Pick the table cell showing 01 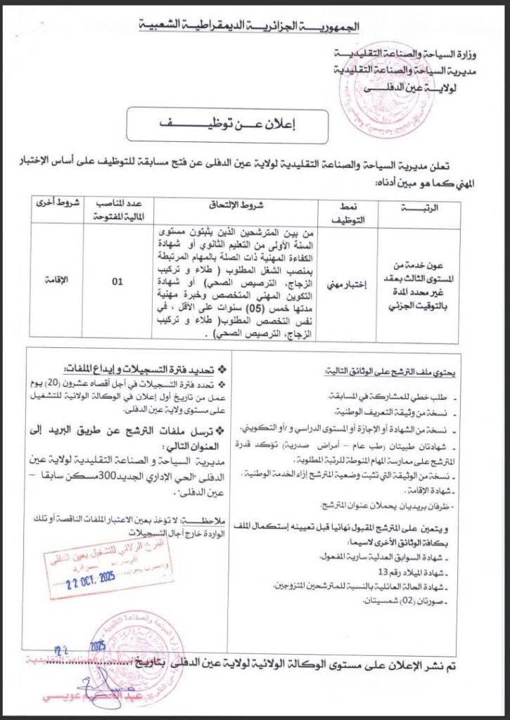coord(117,282)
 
